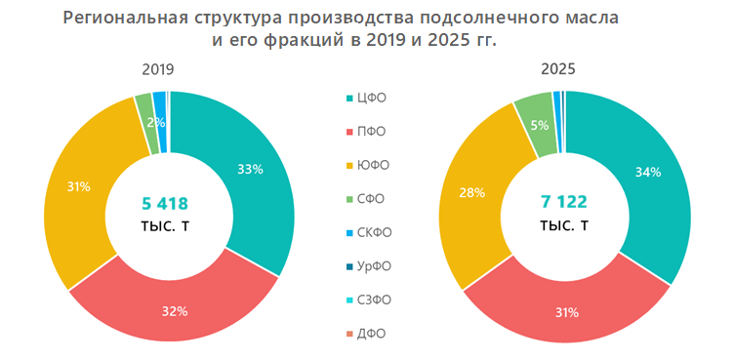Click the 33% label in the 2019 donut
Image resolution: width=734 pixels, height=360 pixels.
point(250,169)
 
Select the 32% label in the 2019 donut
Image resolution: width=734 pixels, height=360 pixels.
point(175,312)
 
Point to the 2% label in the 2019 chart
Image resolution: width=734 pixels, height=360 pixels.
point(155,123)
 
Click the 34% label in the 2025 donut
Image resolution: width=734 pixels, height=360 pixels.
point(647,172)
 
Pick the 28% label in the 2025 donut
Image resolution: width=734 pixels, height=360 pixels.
point(471,192)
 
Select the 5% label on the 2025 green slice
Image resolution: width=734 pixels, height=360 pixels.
point(539,126)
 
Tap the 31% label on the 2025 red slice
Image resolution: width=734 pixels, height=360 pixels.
point(566,313)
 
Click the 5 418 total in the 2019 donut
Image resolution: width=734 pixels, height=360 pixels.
point(171,203)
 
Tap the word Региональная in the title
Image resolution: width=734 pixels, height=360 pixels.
point(121,19)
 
